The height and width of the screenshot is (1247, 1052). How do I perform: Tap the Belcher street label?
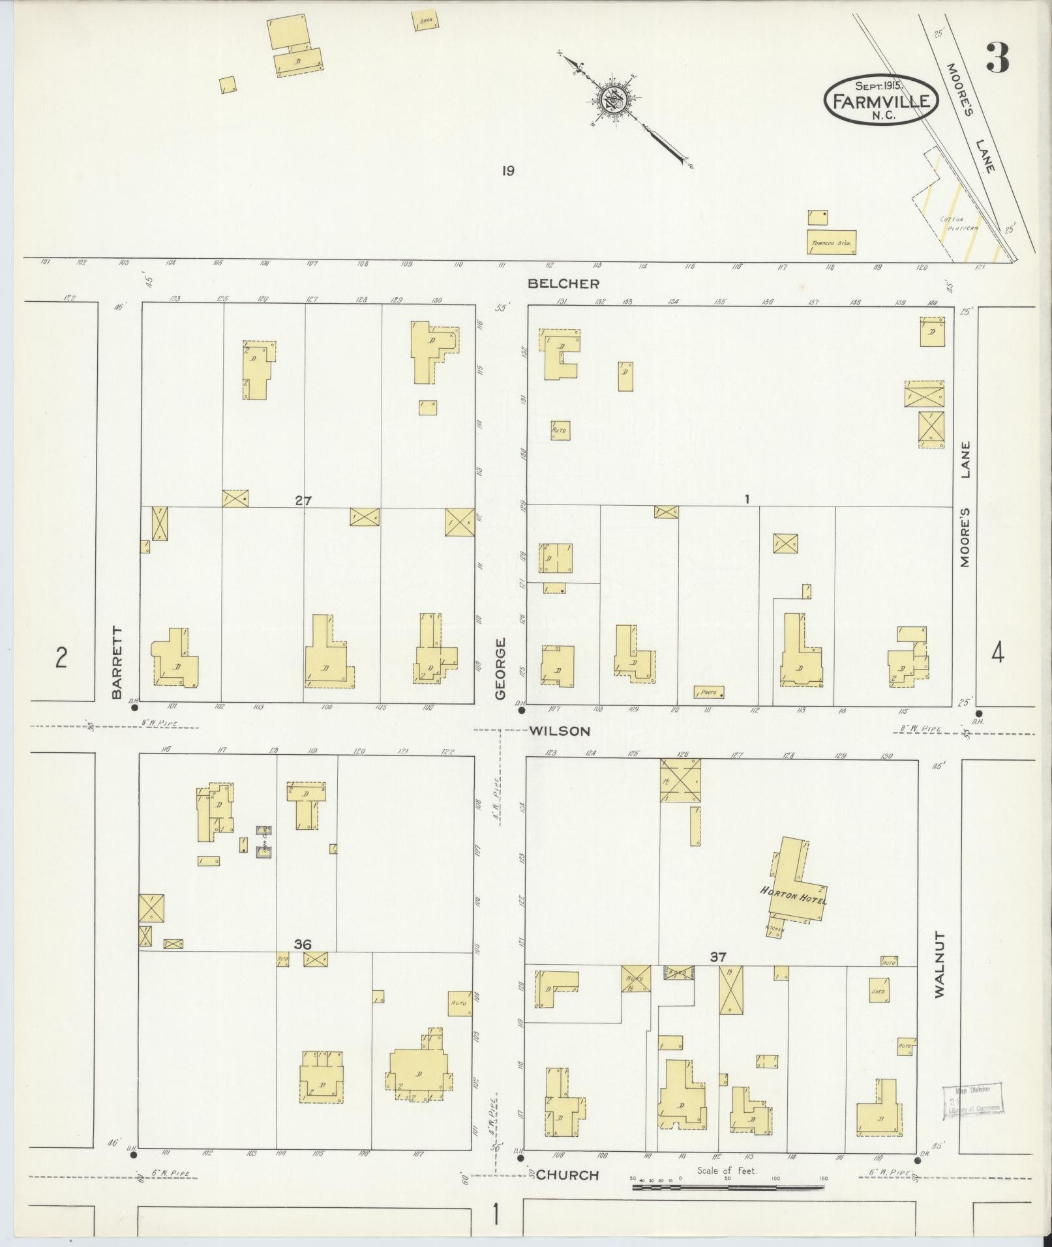point(563,284)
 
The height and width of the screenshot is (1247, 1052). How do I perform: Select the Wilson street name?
point(559,731)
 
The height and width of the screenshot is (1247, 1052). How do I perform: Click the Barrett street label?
point(117,662)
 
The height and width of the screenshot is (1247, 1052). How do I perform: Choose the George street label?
point(500,669)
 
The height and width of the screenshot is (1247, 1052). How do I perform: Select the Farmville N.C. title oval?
point(881,100)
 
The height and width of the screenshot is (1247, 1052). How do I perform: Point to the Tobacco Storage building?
point(831,242)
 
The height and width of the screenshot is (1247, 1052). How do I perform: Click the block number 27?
point(303,501)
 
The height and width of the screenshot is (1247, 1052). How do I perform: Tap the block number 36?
point(303,944)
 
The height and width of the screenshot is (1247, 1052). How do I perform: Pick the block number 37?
point(718,956)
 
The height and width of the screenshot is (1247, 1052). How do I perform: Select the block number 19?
point(508,171)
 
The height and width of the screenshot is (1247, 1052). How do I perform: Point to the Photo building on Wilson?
point(709,692)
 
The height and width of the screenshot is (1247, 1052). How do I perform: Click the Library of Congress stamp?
point(972,1102)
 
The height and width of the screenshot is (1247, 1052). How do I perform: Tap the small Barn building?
point(425,21)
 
